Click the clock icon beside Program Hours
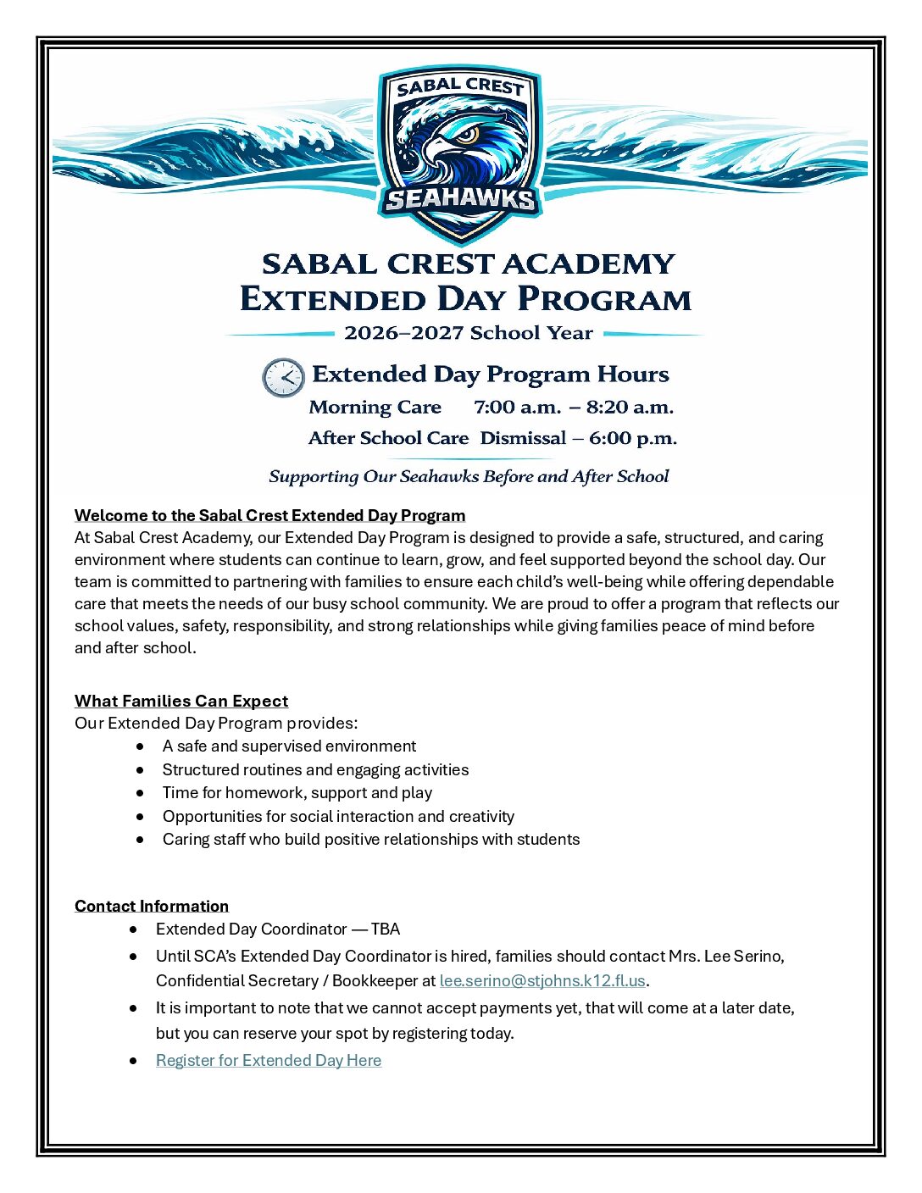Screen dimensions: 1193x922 coord(283,377)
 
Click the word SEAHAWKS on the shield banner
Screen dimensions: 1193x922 coord(460,200)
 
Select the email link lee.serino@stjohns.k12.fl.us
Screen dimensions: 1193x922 coord(542,981)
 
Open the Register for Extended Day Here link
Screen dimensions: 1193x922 coord(269,1061)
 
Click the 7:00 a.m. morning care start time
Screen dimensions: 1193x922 coord(517,408)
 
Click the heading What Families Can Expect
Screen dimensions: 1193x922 coord(181,702)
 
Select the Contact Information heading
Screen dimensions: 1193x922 coord(152,907)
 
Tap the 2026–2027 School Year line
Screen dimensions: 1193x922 coord(468,333)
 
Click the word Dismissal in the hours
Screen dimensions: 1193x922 coord(523,439)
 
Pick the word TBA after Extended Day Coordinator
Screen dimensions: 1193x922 coord(386,929)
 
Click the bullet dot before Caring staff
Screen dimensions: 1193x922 coord(140,840)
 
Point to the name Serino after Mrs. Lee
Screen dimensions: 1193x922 coord(757,957)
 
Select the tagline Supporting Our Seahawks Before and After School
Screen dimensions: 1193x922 coord(469,477)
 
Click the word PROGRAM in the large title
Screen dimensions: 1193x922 coord(603,300)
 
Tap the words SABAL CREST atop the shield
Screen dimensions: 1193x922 coord(460,86)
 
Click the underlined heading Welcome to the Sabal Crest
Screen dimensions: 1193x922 coord(269,516)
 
